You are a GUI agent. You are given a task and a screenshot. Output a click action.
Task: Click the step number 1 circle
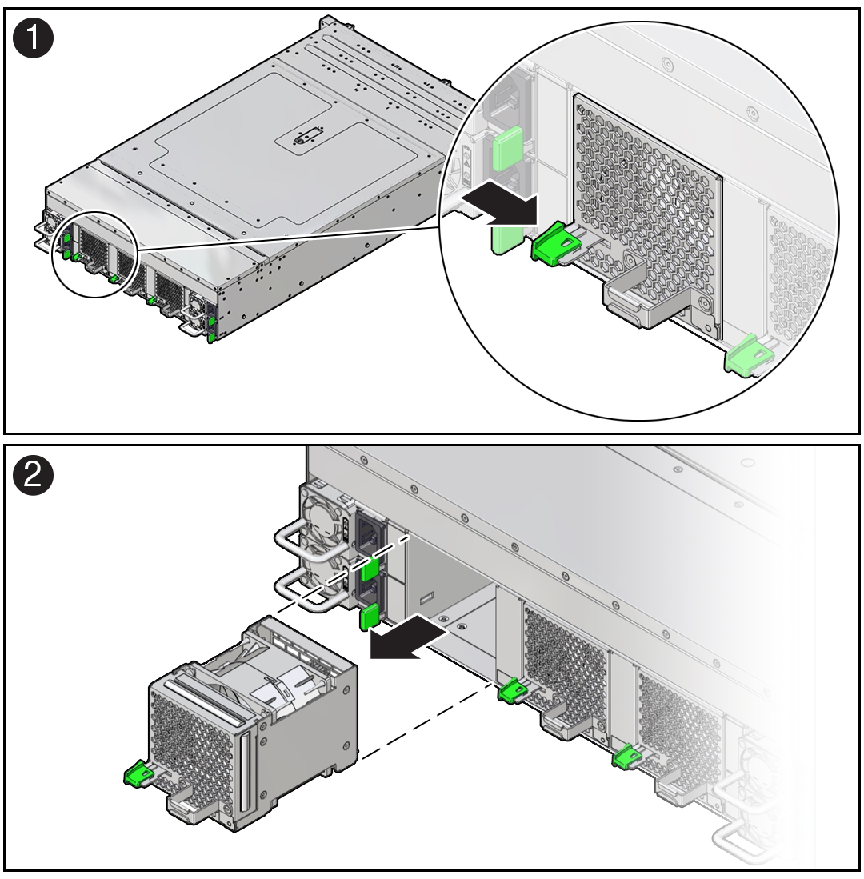coord(33,38)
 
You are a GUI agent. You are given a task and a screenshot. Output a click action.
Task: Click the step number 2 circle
coord(33,476)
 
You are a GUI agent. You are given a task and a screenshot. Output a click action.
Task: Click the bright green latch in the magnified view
coord(552,242)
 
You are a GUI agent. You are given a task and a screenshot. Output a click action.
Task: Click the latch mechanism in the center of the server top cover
coord(302,138)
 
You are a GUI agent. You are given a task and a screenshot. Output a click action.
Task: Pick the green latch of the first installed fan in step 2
coord(512,689)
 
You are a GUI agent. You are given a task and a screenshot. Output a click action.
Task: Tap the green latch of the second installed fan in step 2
coord(627,755)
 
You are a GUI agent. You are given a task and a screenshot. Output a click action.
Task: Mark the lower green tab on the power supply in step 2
coord(368,617)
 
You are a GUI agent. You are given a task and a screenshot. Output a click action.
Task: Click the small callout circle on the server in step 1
coord(95,254)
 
